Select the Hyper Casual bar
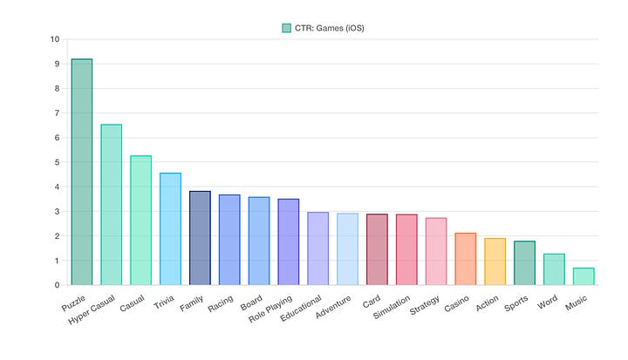[x=111, y=205]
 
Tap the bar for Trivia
[x=170, y=228]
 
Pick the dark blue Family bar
[x=200, y=238]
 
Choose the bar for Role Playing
[x=288, y=241]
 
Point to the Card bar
[x=377, y=249]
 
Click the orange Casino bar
[x=465, y=259]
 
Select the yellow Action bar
[x=495, y=262]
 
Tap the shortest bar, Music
[x=584, y=276]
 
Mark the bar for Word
[x=554, y=269]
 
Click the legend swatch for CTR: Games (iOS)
[x=286, y=28]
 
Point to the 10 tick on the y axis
[x=55, y=40]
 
